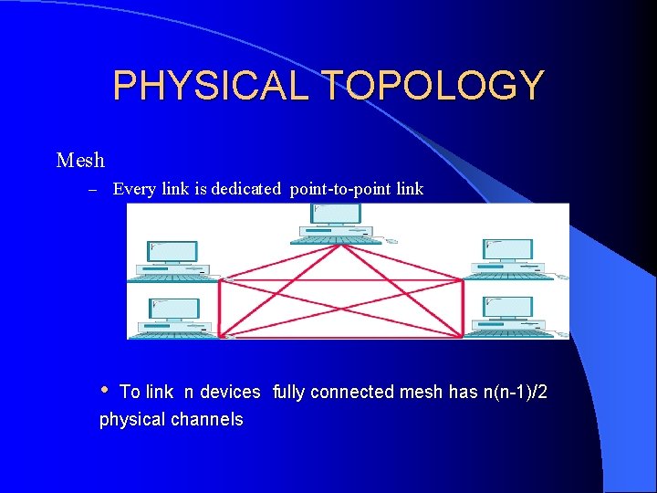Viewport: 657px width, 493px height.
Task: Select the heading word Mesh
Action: [x=80, y=161]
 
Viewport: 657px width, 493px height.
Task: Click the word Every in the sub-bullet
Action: [x=135, y=190]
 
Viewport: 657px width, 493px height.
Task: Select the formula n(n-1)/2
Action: [x=515, y=392]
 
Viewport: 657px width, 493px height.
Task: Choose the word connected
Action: [x=357, y=392]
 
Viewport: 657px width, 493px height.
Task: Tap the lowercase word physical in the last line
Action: [x=132, y=420]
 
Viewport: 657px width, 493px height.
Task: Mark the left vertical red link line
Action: [x=220, y=309]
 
